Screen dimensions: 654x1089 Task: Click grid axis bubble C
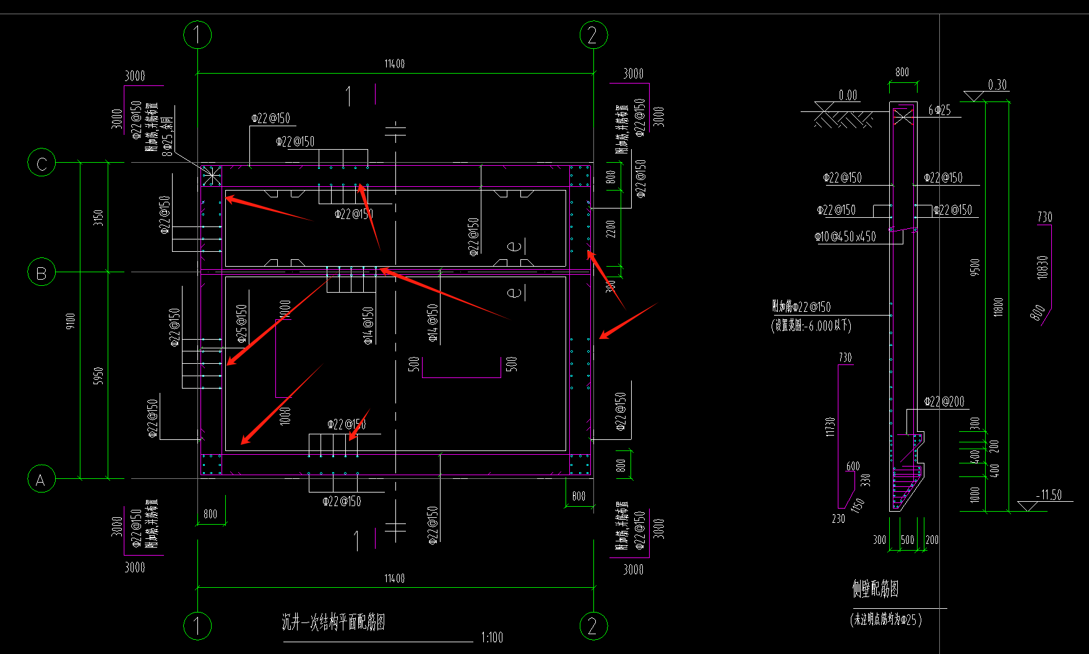point(41,163)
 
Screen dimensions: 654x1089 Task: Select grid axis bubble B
point(41,272)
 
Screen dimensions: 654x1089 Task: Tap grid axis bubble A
point(41,480)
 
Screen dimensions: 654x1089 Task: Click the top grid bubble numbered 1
point(197,35)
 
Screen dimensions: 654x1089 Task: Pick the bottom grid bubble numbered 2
point(593,626)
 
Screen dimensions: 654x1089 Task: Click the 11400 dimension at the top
point(395,64)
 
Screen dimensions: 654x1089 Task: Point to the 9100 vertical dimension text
point(71,321)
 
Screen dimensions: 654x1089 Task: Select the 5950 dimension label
point(98,376)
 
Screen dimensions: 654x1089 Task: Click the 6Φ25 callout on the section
point(939,110)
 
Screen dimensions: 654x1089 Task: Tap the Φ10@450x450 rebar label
point(845,237)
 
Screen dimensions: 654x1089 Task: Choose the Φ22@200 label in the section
point(944,402)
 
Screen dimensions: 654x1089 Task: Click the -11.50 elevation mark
point(1049,495)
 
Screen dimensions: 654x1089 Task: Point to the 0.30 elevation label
point(997,85)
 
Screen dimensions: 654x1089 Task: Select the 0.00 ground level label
point(848,95)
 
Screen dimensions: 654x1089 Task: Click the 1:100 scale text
point(492,637)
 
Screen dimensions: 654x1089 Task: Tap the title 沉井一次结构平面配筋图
point(334,622)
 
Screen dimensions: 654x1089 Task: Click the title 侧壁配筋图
point(875,589)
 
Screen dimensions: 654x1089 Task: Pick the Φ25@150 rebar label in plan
point(242,323)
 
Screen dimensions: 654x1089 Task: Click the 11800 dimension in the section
point(998,306)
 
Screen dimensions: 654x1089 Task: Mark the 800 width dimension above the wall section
point(902,72)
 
